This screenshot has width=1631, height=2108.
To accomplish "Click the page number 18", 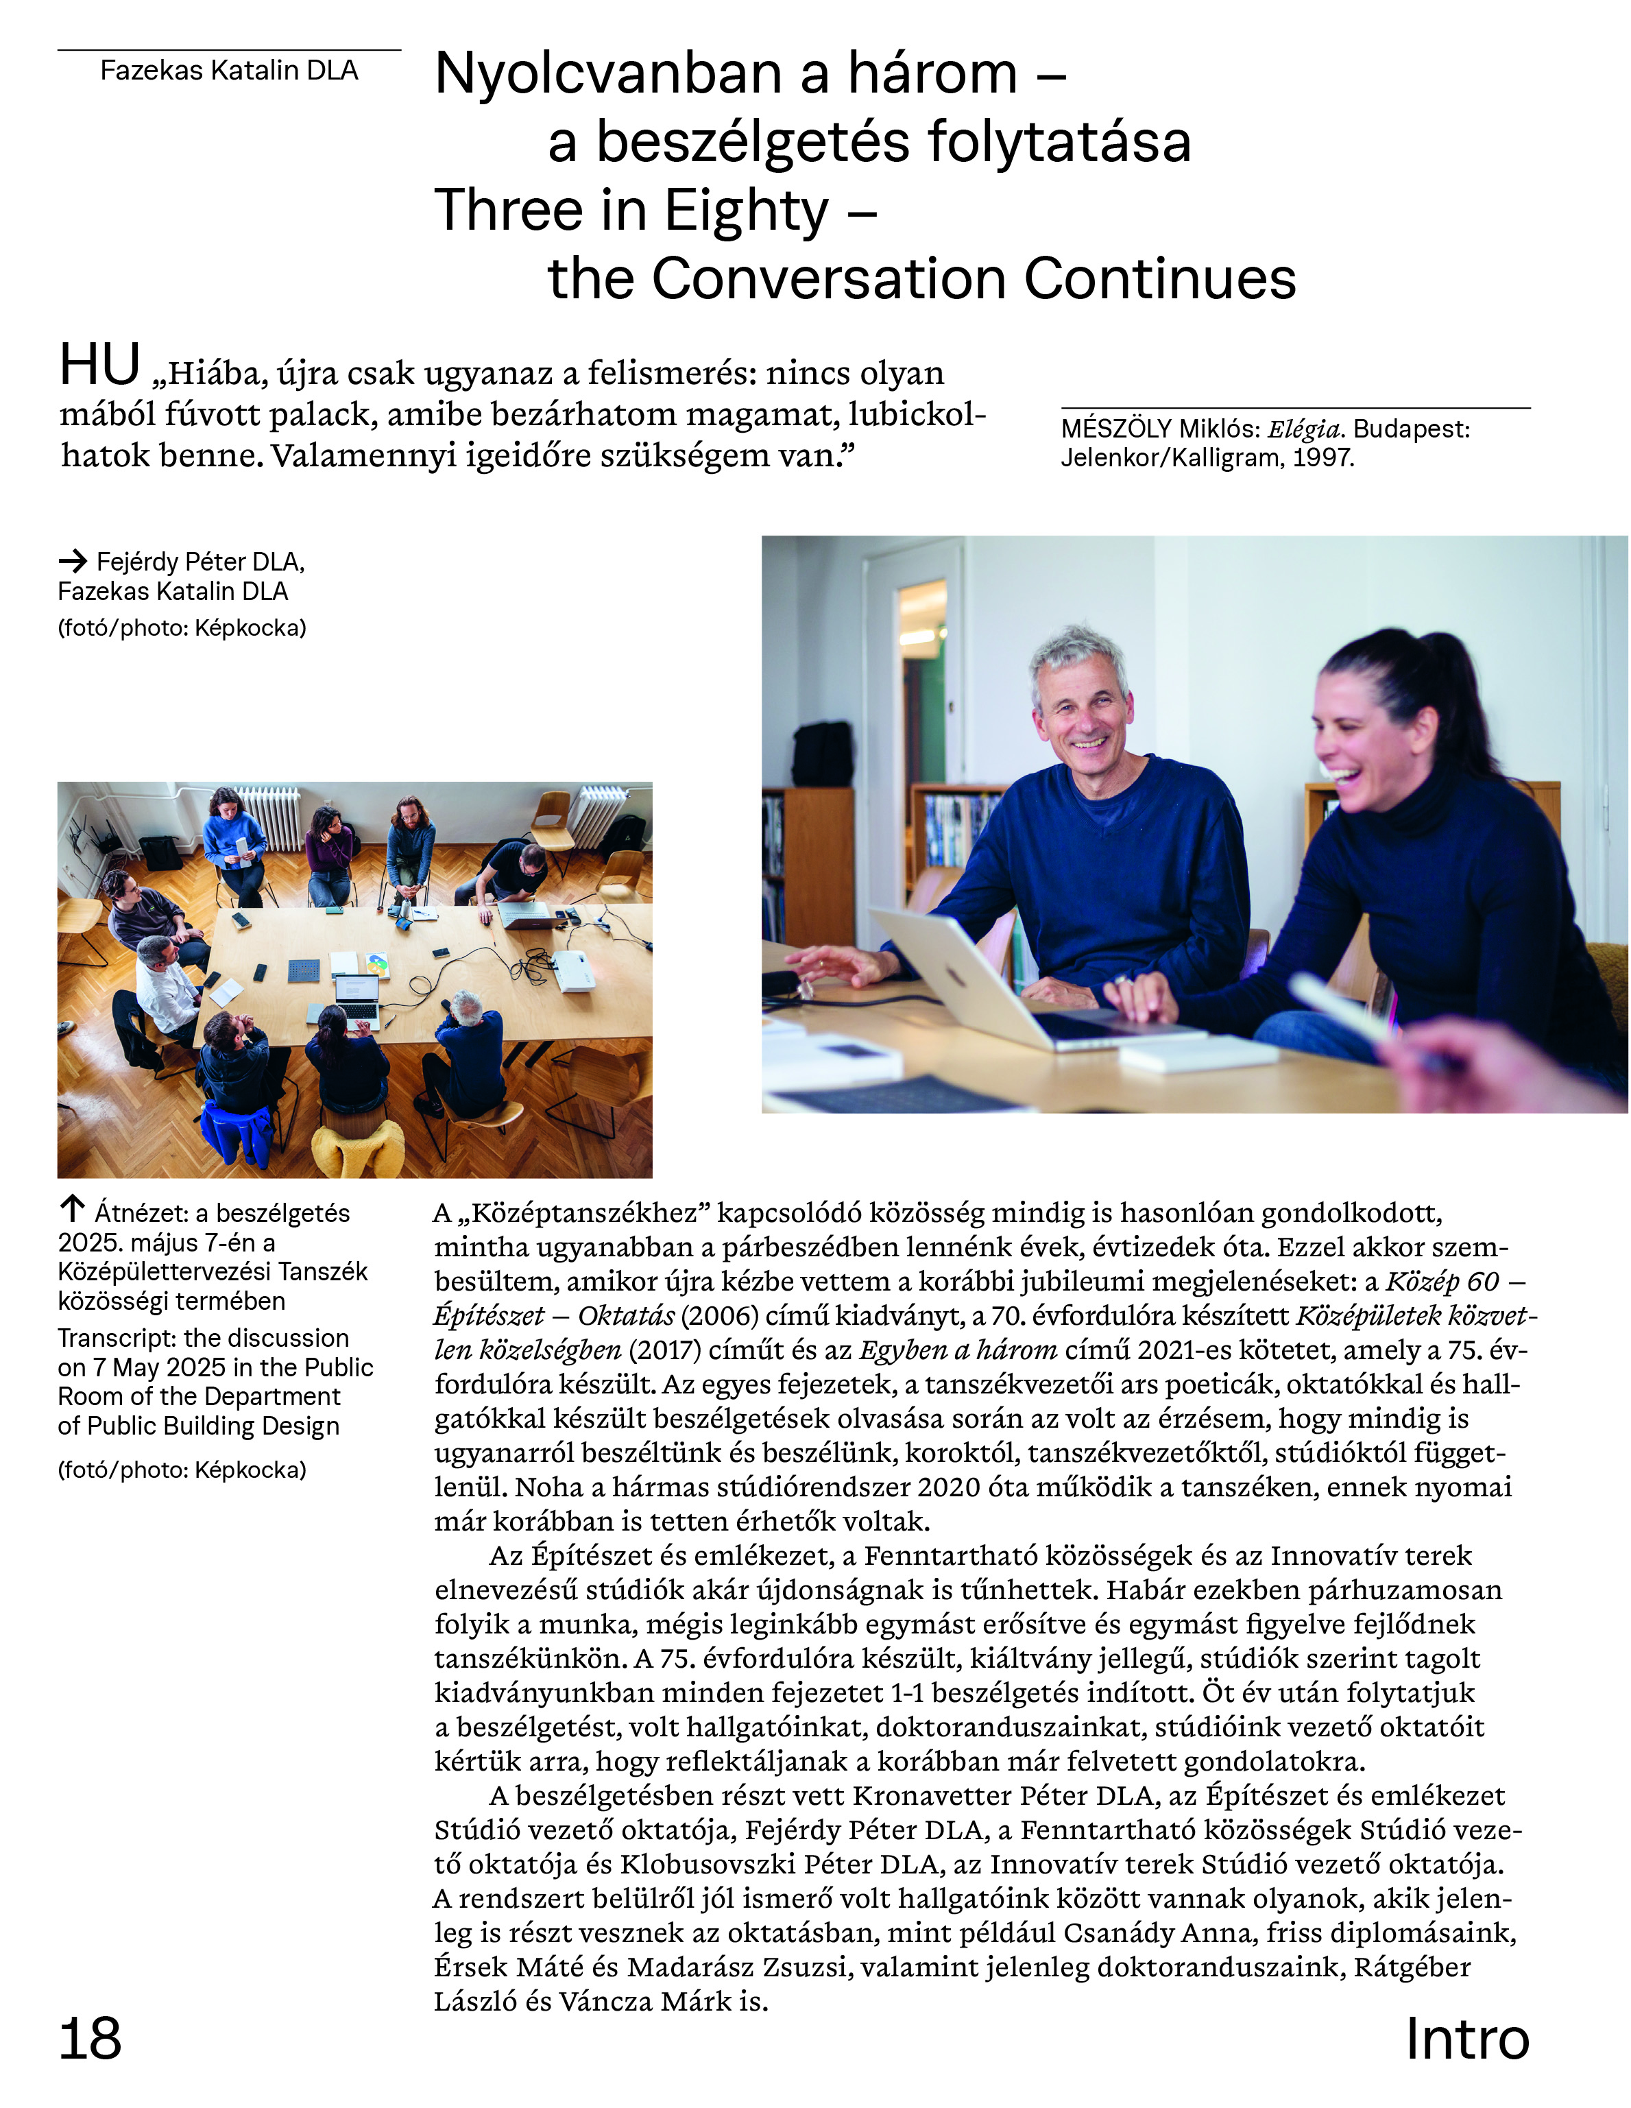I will pos(90,2039).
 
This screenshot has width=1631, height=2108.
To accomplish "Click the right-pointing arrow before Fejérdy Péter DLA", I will pos(73,561).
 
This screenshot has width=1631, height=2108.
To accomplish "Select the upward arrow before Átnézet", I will pos(73,1208).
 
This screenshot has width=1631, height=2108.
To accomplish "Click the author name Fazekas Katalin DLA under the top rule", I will pos(229,71).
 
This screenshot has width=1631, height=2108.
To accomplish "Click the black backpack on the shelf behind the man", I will pos(822,754).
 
